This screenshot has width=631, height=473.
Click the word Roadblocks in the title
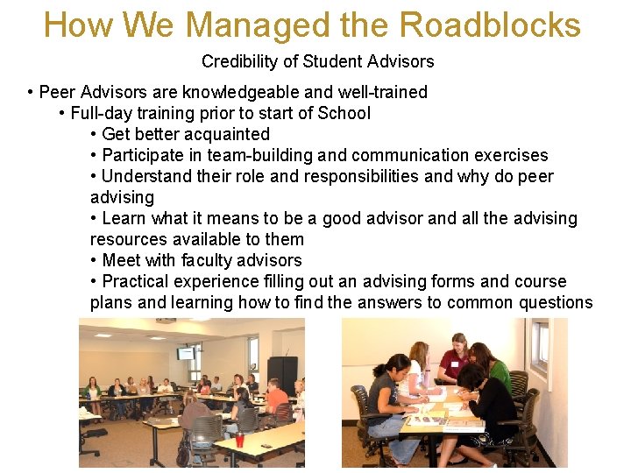click(x=493, y=25)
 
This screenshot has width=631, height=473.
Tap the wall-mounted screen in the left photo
click(x=186, y=353)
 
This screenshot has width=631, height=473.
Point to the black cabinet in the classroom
click(x=283, y=373)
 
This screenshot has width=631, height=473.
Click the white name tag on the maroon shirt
click(x=454, y=364)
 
